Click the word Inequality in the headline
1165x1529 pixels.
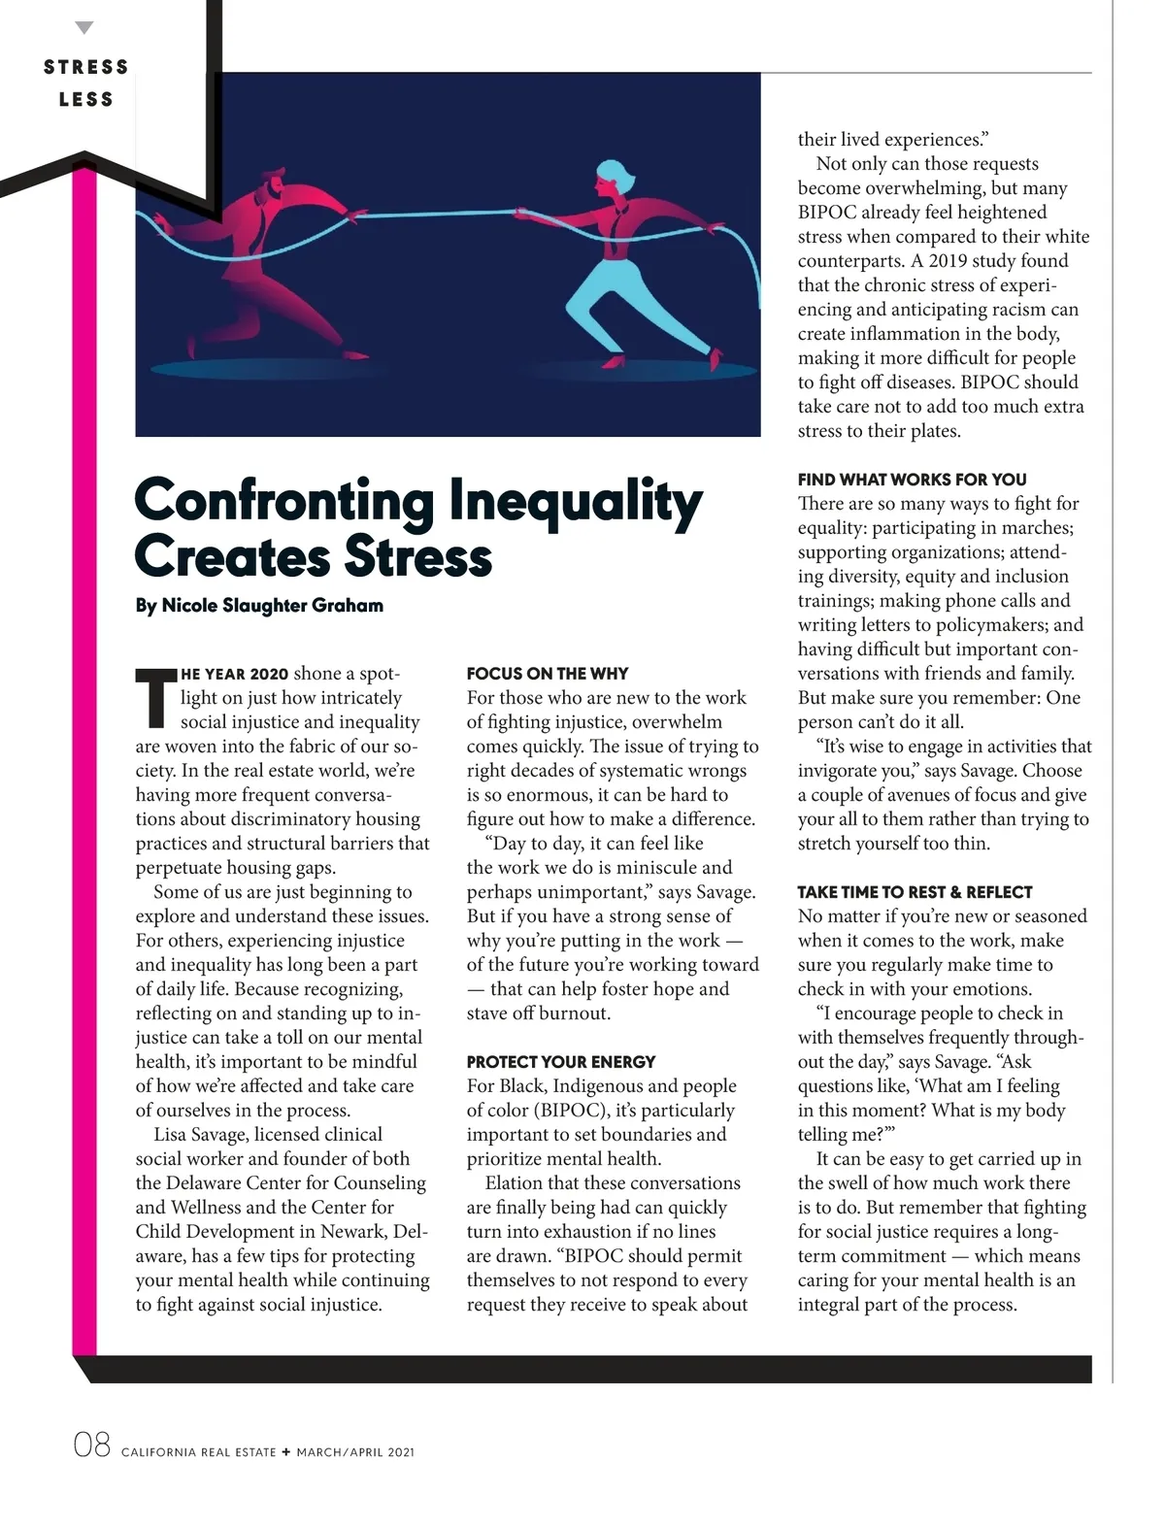point(576,501)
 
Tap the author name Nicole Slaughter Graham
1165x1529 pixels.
point(259,605)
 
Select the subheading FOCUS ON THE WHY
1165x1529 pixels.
point(547,673)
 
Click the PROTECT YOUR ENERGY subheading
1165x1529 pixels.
point(560,1061)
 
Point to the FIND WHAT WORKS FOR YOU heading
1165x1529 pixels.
point(912,479)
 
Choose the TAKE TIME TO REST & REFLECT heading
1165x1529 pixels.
point(915,891)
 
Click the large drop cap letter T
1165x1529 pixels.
point(154,697)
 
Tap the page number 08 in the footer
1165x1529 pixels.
point(92,1446)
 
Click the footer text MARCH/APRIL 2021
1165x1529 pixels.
point(355,1452)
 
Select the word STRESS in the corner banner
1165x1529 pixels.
point(86,67)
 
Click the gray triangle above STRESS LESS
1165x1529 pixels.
point(85,28)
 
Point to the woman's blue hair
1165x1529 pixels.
point(610,176)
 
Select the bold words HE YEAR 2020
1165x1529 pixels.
point(235,674)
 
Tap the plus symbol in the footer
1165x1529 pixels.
point(285,1452)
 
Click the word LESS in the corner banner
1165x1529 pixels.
point(86,99)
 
